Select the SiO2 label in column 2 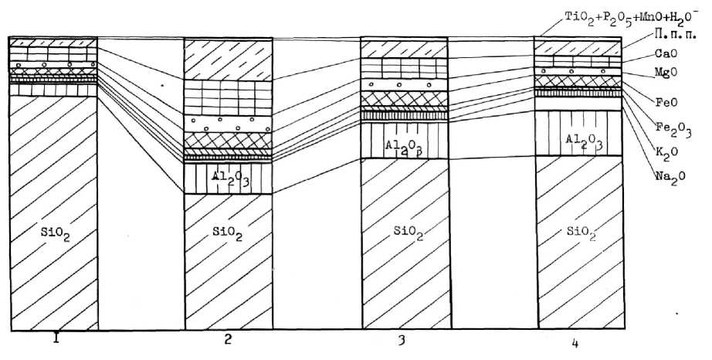(228, 233)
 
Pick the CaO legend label (666, 54)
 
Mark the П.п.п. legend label (670, 35)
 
